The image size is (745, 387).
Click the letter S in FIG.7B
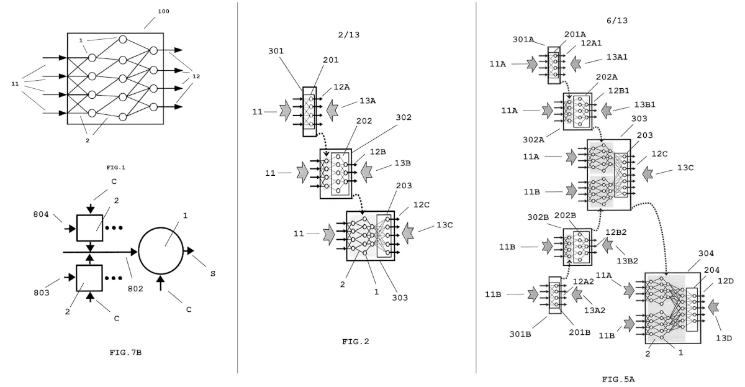click(212, 273)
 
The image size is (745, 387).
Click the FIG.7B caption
click(125, 352)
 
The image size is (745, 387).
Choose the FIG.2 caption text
click(356, 342)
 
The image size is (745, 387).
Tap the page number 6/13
click(616, 20)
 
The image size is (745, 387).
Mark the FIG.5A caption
click(618, 378)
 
